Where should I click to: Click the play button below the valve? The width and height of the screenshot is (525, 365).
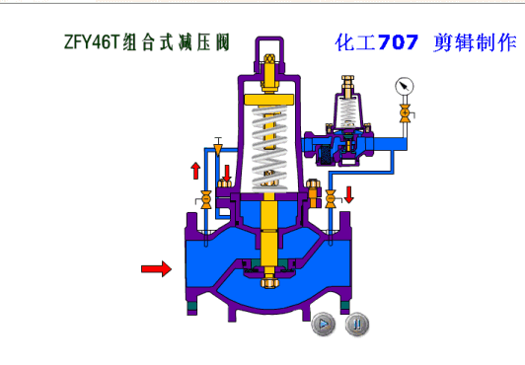(323, 323)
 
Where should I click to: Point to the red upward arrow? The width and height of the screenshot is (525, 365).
(195, 171)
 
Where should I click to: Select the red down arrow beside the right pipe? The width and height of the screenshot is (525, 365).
(347, 206)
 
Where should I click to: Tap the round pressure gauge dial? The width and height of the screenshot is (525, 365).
(404, 86)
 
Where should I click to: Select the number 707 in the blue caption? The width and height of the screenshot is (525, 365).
(397, 42)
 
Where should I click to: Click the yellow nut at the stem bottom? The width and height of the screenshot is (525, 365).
(266, 285)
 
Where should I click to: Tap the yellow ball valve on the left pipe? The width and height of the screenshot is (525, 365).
(205, 201)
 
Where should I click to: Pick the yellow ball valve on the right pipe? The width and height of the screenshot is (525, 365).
(331, 201)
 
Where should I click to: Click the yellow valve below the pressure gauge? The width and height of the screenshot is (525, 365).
(404, 115)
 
